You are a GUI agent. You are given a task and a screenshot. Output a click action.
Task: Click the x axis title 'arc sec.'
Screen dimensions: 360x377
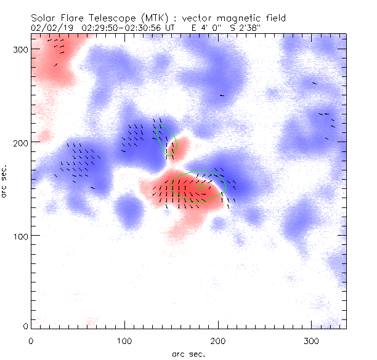point(188,354)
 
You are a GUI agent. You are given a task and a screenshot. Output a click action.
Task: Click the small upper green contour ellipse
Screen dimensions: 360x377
point(168,142)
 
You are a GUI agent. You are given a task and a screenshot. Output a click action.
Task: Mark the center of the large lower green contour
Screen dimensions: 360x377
point(198,186)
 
